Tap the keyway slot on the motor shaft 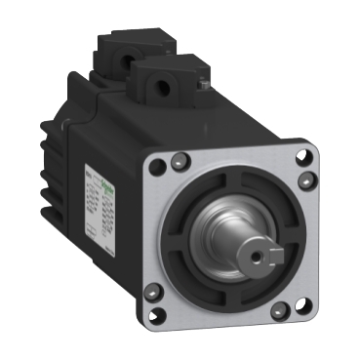pos(263,243)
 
